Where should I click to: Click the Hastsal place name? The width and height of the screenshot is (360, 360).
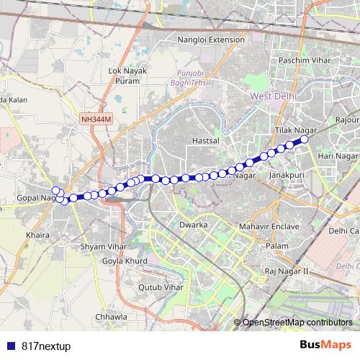[205, 141]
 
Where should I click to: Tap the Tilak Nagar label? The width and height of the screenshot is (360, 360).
[296, 130]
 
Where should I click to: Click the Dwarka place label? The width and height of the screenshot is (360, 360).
[193, 225]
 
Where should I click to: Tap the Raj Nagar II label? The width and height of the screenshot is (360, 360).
[286, 271]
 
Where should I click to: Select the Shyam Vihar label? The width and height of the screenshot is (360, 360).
[103, 246]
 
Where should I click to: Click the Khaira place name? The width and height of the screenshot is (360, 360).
[37, 235]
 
